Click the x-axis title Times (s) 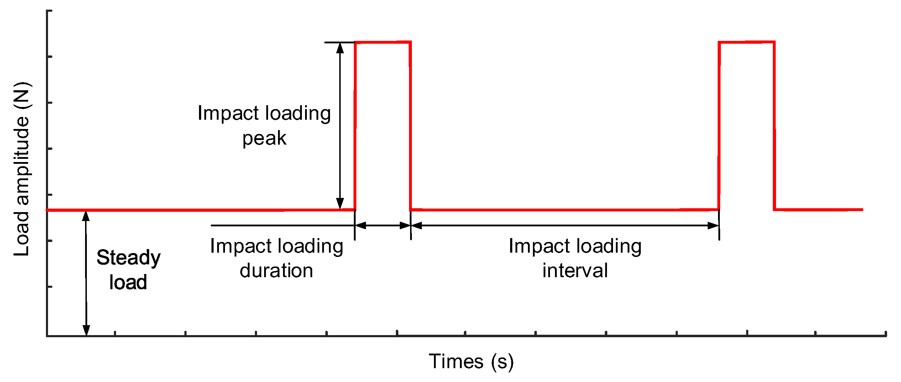(x=471, y=361)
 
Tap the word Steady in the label (x=129, y=258)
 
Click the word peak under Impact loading (x=264, y=138)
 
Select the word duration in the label (x=276, y=271)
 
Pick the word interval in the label (x=575, y=271)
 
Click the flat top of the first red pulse (x=383, y=42)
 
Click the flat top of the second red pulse (x=747, y=42)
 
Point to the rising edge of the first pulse (x=355, y=124)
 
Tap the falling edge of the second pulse (x=774, y=124)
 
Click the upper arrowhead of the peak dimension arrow (x=340, y=48)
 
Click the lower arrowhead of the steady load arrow (x=86, y=330)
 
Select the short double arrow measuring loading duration (x=383, y=225)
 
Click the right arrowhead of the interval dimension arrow (x=713, y=225)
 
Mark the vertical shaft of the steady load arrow (x=86, y=274)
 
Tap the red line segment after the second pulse (x=819, y=210)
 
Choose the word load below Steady (x=128, y=283)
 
